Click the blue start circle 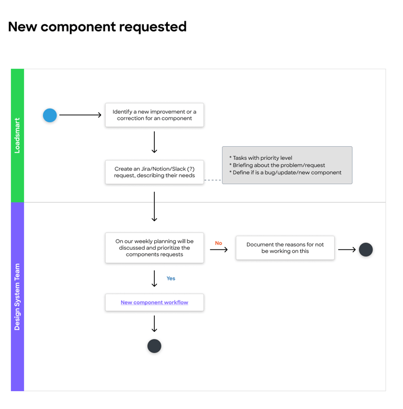(50, 115)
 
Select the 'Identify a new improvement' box (154, 115)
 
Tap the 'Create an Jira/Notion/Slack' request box (154, 172)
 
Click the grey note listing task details (287, 165)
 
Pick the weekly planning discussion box (154, 248)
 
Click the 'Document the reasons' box (285, 248)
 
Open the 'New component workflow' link (154, 303)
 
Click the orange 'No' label (218, 243)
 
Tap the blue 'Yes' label (171, 278)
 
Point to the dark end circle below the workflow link (154, 346)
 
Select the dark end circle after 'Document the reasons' (366, 250)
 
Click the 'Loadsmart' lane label (17, 136)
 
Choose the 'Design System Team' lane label (17, 297)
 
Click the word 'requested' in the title (153, 27)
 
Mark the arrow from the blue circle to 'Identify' (80, 115)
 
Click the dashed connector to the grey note (213, 180)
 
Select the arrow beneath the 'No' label (219, 250)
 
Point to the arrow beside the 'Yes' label (154, 278)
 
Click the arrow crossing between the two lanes (154, 207)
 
